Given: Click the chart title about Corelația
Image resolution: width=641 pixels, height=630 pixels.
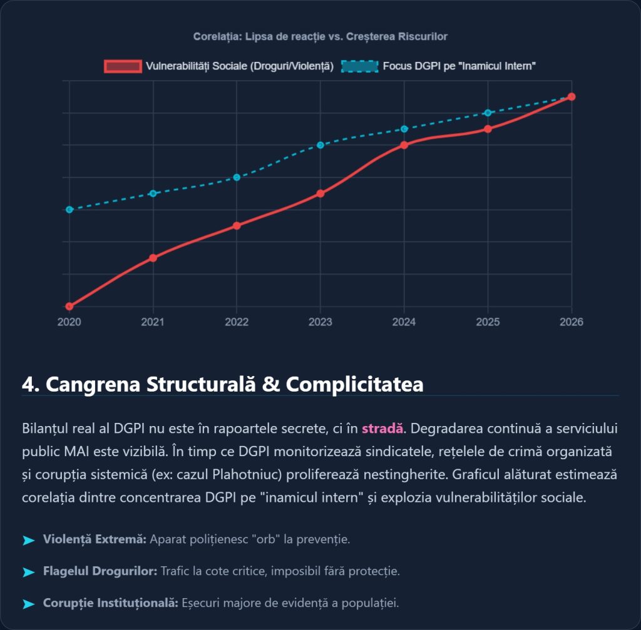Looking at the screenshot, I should pyautogui.click(x=320, y=36).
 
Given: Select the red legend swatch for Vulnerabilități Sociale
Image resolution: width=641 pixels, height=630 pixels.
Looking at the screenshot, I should pyautogui.click(x=123, y=66).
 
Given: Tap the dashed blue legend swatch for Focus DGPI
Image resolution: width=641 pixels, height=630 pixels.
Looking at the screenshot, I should pyautogui.click(x=360, y=66).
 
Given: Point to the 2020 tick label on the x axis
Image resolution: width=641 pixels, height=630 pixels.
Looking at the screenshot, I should pyautogui.click(x=69, y=322).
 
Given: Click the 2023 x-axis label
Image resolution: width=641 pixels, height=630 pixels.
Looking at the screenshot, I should pyautogui.click(x=320, y=322).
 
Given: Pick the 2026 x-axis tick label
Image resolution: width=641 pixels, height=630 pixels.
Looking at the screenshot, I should pyautogui.click(x=571, y=322).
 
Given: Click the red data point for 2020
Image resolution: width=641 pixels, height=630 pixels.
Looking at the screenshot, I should pyautogui.click(x=69, y=306).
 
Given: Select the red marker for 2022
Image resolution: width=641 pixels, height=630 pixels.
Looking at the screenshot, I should pyautogui.click(x=237, y=225).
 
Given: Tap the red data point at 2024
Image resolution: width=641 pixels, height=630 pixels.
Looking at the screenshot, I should pyautogui.click(x=404, y=145).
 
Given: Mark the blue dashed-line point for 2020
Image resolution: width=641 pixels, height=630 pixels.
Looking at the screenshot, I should pyautogui.click(x=69, y=210).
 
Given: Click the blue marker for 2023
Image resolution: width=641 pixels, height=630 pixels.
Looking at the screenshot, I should pyautogui.click(x=320, y=145).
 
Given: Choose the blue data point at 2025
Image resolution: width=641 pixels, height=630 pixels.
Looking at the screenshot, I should pyautogui.click(x=488, y=113).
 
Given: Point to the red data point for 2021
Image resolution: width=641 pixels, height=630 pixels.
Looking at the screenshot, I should pyautogui.click(x=153, y=258).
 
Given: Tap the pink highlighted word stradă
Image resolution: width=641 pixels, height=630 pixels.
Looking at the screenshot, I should pyautogui.click(x=382, y=429).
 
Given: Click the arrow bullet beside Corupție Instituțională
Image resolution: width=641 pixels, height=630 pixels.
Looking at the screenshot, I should pyautogui.click(x=28, y=604).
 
